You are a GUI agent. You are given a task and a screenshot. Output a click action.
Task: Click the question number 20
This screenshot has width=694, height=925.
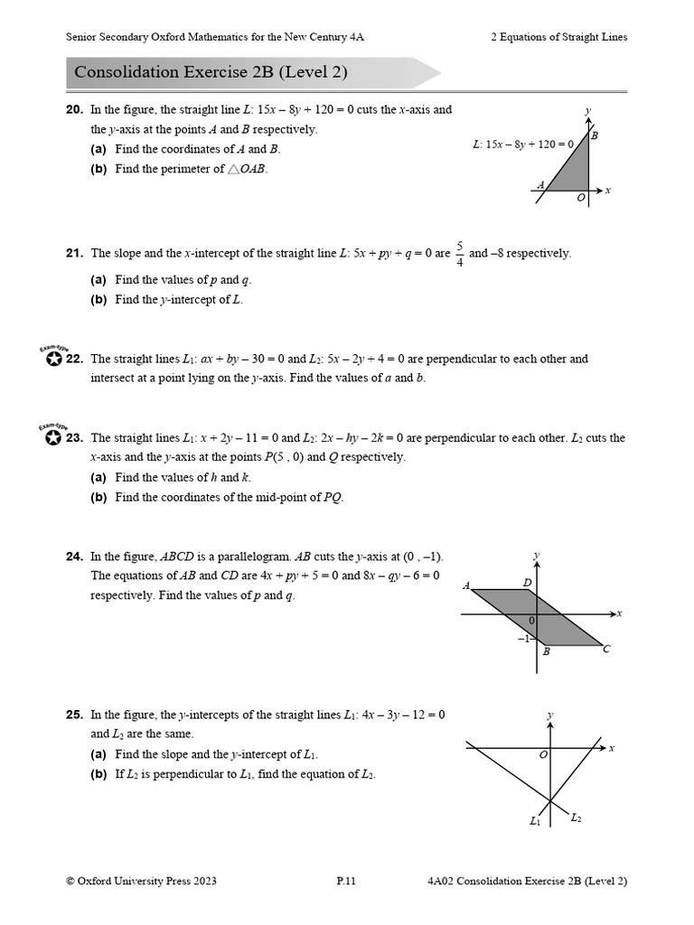pos(74,109)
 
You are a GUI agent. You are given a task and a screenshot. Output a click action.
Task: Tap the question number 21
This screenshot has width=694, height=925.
pos(74,254)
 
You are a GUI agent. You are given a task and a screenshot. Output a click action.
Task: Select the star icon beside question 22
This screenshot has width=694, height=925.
pos(52,360)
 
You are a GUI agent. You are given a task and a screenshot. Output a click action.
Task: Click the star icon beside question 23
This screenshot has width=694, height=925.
pos(52,438)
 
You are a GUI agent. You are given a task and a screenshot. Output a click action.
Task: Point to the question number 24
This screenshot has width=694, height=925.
pos(74,557)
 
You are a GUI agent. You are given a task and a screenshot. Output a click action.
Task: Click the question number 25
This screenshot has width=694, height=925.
pos(74,715)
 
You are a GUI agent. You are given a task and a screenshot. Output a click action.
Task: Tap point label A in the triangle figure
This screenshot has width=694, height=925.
pos(540,185)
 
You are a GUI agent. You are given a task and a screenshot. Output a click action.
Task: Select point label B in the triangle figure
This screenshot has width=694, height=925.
pos(594,135)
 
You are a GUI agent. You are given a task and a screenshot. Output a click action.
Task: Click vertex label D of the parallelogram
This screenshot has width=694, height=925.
pos(528,583)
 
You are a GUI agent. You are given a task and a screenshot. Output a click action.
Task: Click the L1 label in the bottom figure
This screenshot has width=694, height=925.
pos(535,821)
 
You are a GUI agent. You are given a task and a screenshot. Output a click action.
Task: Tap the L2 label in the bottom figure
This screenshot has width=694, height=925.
pos(576,818)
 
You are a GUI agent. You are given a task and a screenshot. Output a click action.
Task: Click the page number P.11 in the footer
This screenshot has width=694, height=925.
pos(346,882)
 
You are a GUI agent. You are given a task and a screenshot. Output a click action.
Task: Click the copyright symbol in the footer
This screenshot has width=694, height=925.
pos(70,882)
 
